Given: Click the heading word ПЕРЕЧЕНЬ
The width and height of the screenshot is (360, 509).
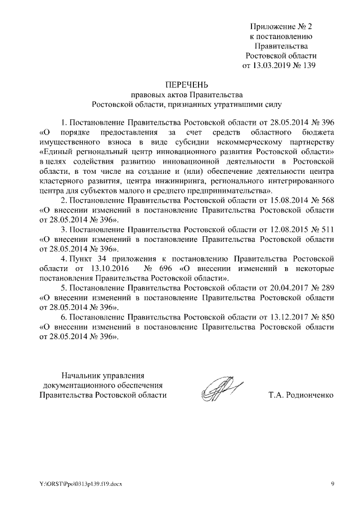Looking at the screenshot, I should pos(186,84).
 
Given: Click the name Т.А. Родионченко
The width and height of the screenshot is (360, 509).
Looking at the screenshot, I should pos(301,395).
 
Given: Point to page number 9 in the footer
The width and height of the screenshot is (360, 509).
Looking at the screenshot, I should pos(332,484).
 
